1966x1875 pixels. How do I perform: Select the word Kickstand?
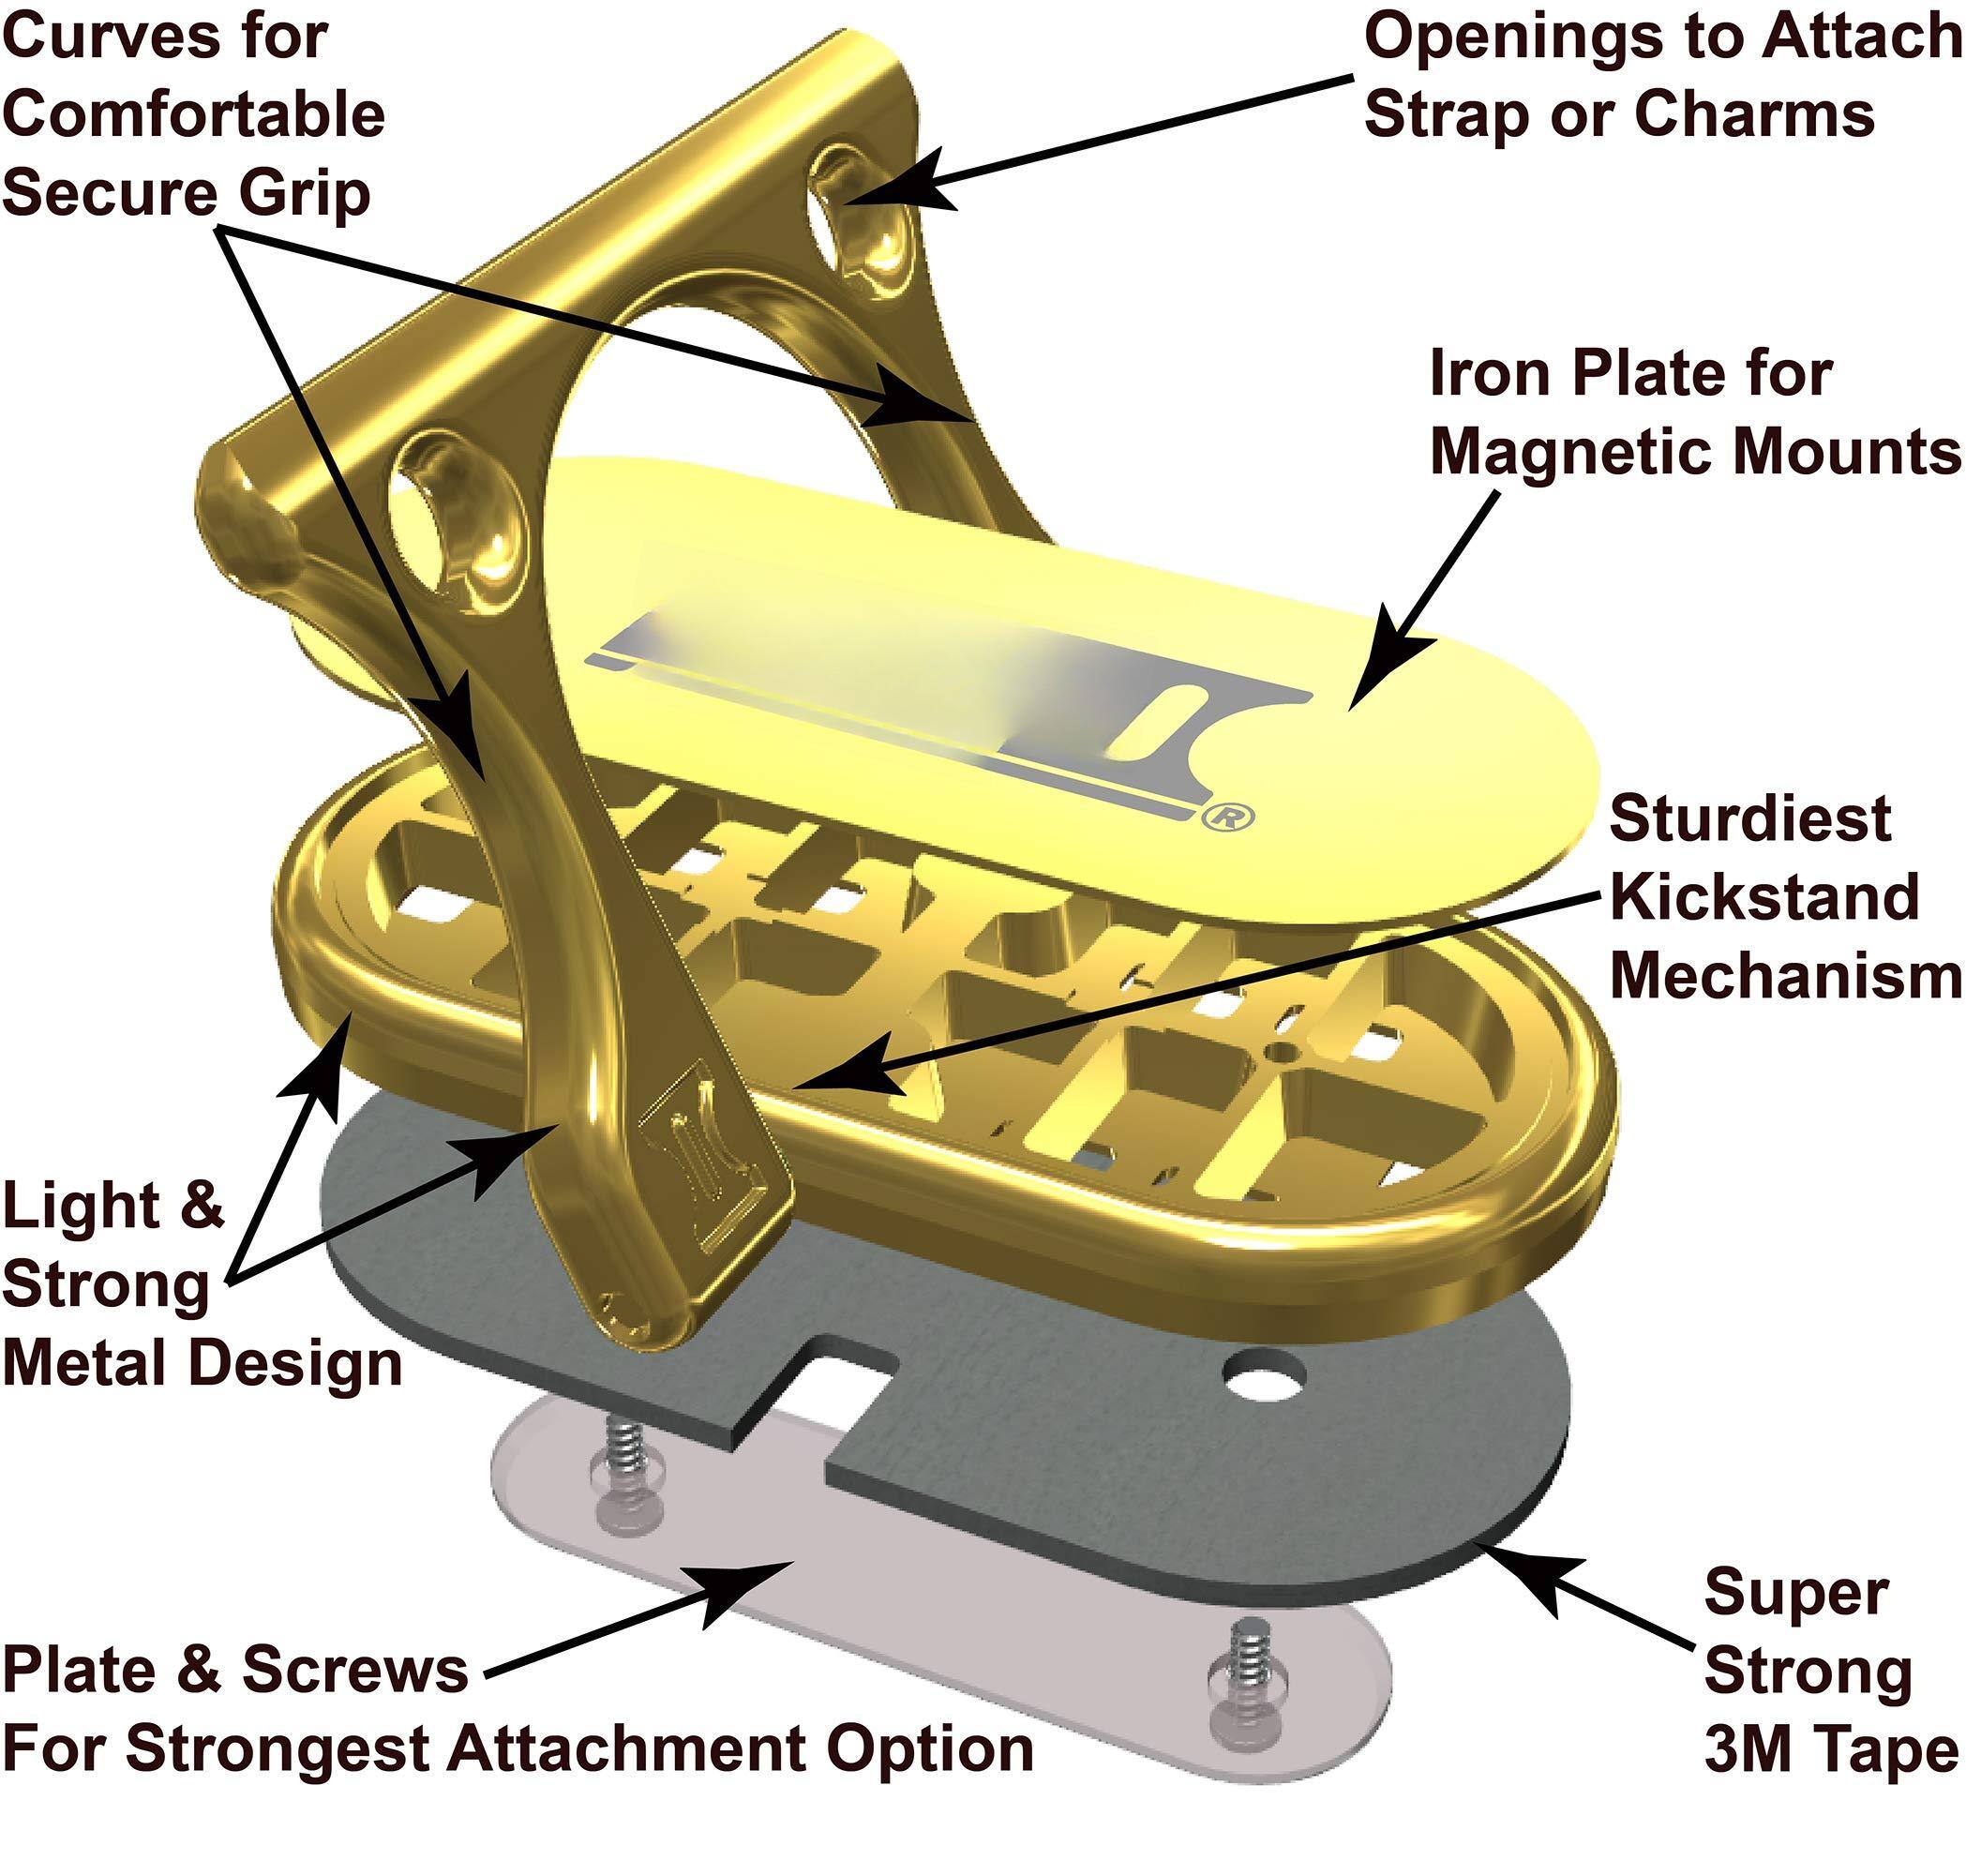pos(1764,896)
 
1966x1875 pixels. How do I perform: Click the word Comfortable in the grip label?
pos(194,114)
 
